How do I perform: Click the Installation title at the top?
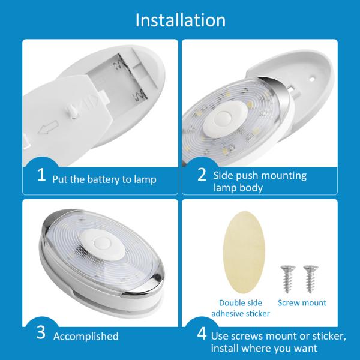pyautogui.click(x=180, y=19)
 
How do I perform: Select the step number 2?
pyautogui.click(x=202, y=175)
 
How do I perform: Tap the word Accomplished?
pyautogui.click(x=86, y=336)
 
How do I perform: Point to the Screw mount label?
pyautogui.click(x=303, y=303)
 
